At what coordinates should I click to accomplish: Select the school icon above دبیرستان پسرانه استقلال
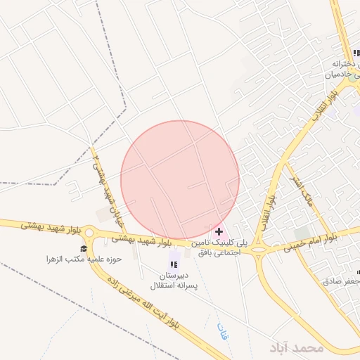pos(173,264)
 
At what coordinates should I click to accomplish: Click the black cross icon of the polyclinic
pos(219,231)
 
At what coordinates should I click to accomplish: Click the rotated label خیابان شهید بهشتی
pos(103,180)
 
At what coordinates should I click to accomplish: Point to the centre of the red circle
pos(180,180)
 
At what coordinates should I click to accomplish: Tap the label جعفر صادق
pos(342,281)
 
